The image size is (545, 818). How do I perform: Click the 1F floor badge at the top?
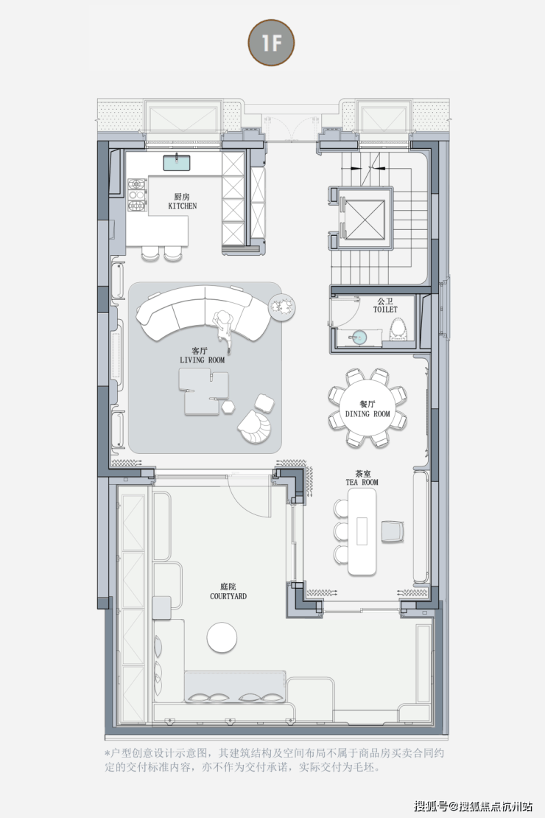coord(271,43)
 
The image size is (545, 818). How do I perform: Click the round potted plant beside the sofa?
coord(281,307)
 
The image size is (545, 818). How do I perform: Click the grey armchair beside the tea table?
coord(393,531)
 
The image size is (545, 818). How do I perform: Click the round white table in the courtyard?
coord(222,637)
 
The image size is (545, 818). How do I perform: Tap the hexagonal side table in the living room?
coord(228,407)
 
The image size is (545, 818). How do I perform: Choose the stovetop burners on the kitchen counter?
coord(137,194)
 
